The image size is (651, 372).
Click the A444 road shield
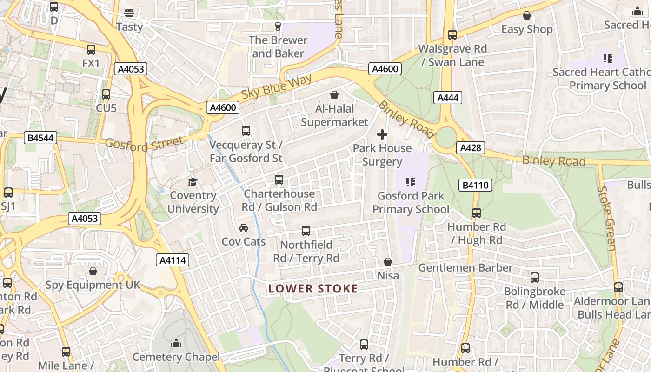click(x=448, y=97)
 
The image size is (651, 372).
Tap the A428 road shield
click(x=470, y=148)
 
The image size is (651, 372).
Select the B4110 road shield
click(x=475, y=185)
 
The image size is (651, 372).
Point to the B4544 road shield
click(x=40, y=138)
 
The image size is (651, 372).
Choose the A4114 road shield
click(x=173, y=260)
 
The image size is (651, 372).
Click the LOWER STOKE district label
click(x=313, y=289)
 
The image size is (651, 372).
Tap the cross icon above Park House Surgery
click(x=382, y=135)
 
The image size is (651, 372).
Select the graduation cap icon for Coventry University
click(x=193, y=182)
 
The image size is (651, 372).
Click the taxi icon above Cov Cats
click(x=243, y=228)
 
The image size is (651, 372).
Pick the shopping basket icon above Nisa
click(x=388, y=262)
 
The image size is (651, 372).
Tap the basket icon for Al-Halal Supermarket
click(x=334, y=95)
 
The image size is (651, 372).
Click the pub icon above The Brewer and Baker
click(x=278, y=26)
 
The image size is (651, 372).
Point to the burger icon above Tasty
click(x=129, y=13)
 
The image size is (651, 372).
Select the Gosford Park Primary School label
click(x=411, y=202)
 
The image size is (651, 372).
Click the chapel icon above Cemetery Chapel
click(x=176, y=344)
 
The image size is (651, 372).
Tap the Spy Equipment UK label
click(x=93, y=285)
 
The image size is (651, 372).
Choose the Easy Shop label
click(x=527, y=29)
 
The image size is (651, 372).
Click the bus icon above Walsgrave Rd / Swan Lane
click(x=452, y=35)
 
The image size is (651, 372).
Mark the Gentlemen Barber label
click(x=465, y=267)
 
